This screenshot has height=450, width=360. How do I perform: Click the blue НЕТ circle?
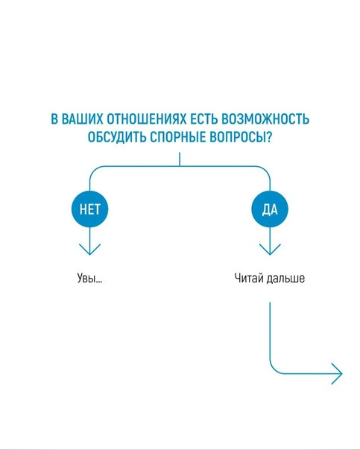[90, 209]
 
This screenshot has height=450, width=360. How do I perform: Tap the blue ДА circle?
[270, 209]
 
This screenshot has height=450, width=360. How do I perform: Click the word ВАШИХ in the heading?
[82, 119]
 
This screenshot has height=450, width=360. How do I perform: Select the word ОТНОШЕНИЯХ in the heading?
[146, 119]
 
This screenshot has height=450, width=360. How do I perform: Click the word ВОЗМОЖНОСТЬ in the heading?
[265, 119]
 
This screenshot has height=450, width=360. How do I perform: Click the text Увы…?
[89, 278]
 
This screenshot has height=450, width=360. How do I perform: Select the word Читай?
[249, 278]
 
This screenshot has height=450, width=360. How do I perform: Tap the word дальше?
[285, 278]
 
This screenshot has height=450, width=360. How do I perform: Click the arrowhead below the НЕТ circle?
[90, 250]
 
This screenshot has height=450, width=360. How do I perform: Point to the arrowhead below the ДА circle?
[270, 250]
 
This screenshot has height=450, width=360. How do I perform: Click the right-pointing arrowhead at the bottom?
[337, 374]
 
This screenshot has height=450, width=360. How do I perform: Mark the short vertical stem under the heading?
[180, 159]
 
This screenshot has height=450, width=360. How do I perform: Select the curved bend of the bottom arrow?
[274, 370]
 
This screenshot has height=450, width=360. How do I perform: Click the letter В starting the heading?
[54, 119]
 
